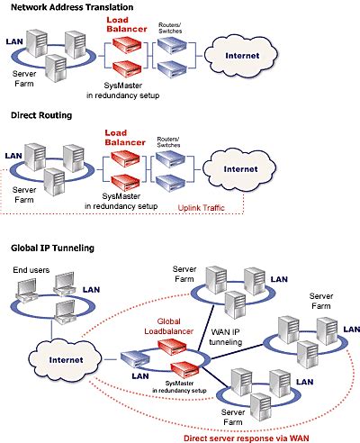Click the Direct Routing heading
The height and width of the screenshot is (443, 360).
(x=41, y=116)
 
